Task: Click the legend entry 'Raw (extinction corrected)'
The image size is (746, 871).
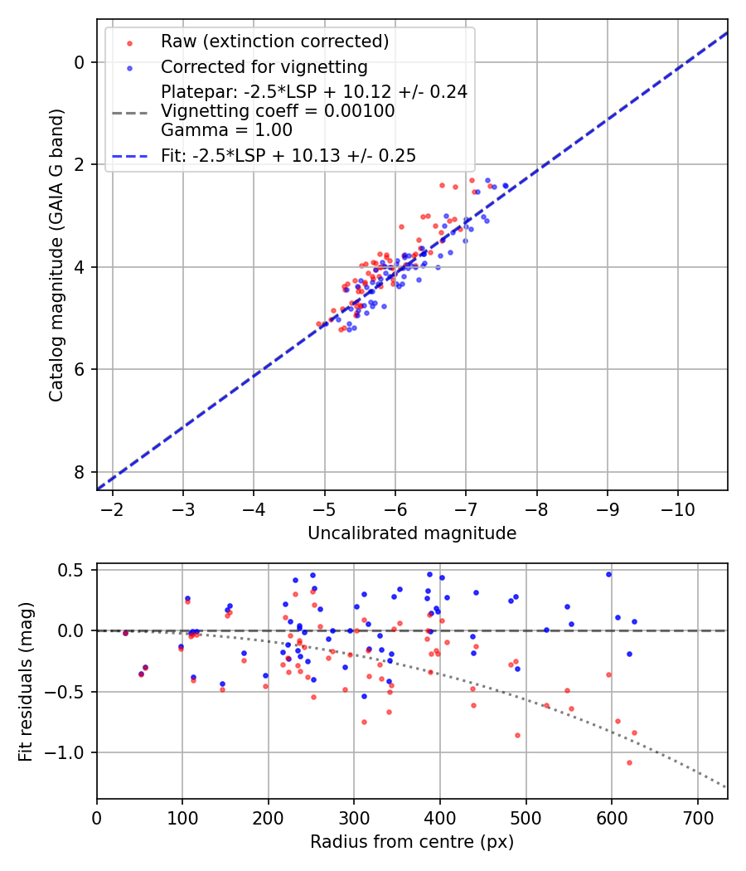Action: pos(274,41)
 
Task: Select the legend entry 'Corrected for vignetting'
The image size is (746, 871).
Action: pos(264,67)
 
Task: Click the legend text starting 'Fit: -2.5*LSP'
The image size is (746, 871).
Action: pos(288,155)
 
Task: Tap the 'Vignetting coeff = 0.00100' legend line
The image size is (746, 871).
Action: pos(278,111)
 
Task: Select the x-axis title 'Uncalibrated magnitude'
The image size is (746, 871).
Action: pos(412,533)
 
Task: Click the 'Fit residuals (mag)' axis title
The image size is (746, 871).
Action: pos(26,681)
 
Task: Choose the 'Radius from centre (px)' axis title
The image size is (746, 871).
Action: pos(412,842)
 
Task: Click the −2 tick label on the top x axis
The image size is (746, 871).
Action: pos(113,508)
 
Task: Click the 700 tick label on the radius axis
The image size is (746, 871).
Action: pos(697,817)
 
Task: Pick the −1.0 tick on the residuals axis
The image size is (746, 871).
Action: pos(70,752)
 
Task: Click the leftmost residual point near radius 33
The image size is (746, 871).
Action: pos(125,633)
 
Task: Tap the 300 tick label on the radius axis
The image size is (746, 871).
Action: pos(354,817)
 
